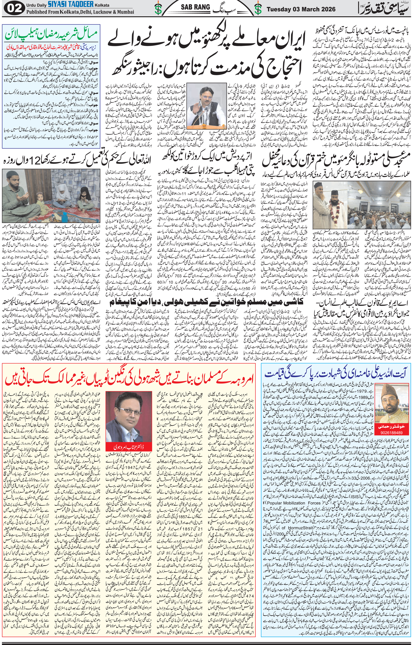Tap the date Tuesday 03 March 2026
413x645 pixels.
tap(301, 9)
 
